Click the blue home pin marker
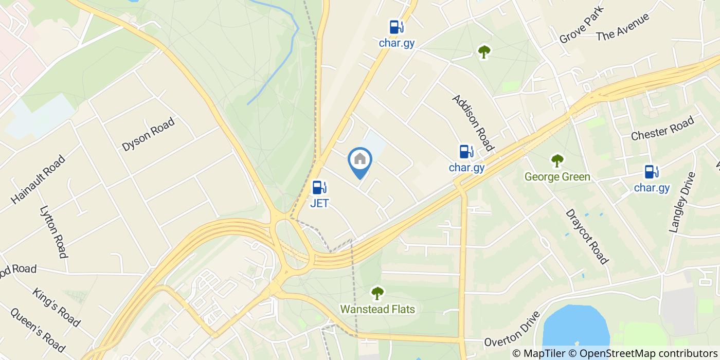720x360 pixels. [360, 160]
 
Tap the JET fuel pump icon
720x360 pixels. [319, 188]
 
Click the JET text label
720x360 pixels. [319, 203]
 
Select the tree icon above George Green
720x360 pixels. [557, 161]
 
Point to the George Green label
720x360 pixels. [557, 177]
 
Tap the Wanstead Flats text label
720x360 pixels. [377, 309]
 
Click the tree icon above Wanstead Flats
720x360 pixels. [377, 293]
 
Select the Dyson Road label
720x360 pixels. [148, 134]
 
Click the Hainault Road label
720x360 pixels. [38, 179]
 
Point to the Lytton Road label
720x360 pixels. [54, 232]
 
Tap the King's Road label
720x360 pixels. [57, 308]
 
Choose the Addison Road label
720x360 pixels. [473, 123]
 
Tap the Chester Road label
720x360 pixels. [662, 129]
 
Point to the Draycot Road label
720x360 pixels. [587, 236]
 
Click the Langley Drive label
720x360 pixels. [682, 202]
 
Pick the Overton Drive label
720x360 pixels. [513, 330]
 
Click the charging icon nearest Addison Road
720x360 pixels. [466, 152]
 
